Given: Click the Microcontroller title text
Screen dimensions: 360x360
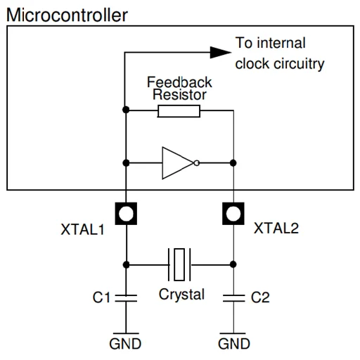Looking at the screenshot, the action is click(67, 15).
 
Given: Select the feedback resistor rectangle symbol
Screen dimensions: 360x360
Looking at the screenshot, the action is click(179, 111).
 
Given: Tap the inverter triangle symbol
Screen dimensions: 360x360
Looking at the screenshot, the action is click(178, 163).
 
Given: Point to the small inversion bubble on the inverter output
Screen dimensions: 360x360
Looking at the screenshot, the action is click(197, 163).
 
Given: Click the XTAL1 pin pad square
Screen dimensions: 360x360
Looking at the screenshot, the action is click(126, 214).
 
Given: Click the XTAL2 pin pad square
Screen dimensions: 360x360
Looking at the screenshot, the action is click(233, 214).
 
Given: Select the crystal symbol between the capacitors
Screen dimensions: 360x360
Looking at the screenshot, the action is click(179, 264).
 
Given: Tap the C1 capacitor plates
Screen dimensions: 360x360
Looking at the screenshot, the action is click(126, 298).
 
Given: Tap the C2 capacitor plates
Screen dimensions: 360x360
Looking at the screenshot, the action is click(233, 298).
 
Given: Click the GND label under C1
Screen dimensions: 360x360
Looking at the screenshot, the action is click(125, 344).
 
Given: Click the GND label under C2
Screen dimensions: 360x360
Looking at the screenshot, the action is click(234, 344).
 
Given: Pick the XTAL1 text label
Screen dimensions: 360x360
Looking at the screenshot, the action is click(82, 229).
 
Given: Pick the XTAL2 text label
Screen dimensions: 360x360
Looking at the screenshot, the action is click(276, 228).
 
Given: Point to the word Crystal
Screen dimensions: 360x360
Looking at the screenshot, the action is click(181, 295).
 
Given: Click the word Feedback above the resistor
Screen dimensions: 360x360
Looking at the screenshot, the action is click(179, 82).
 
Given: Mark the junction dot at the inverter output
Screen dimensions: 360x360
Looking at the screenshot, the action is click(233, 163).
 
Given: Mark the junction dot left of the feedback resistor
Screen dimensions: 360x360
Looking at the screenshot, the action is click(126, 110).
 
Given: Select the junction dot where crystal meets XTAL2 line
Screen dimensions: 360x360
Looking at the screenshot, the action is click(233, 264).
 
